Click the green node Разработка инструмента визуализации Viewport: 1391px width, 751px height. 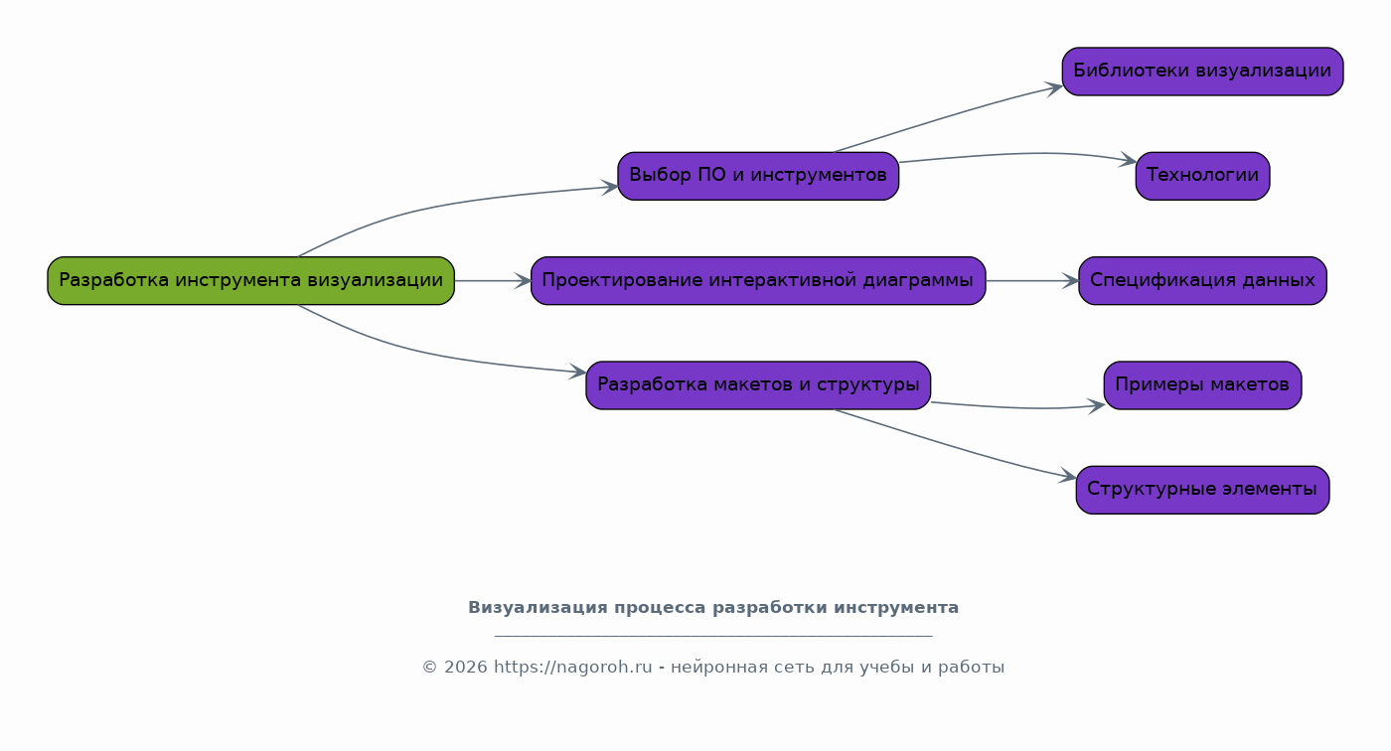click(250, 280)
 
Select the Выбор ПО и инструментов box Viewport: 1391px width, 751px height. click(758, 176)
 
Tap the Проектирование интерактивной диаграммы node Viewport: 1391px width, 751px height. click(758, 280)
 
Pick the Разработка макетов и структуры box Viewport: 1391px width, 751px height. click(758, 385)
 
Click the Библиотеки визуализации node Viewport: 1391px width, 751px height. click(1203, 72)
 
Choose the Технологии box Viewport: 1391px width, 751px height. click(1203, 176)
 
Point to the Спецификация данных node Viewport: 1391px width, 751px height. click(1203, 280)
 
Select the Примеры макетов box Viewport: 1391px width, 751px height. click(1203, 385)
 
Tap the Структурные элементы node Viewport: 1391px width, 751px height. click(1203, 490)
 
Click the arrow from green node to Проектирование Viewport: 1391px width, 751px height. click(493, 281)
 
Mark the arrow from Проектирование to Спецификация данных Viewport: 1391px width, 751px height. click(1032, 281)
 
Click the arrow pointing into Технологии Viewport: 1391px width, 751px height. click(1018, 154)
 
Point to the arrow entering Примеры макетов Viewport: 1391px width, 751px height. click(1018, 407)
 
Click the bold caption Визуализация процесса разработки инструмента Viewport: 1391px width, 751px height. click(713, 608)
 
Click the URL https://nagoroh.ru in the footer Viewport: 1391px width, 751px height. click(572, 668)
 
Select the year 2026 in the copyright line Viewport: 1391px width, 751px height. click(465, 668)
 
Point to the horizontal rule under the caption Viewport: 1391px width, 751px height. click(713, 636)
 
